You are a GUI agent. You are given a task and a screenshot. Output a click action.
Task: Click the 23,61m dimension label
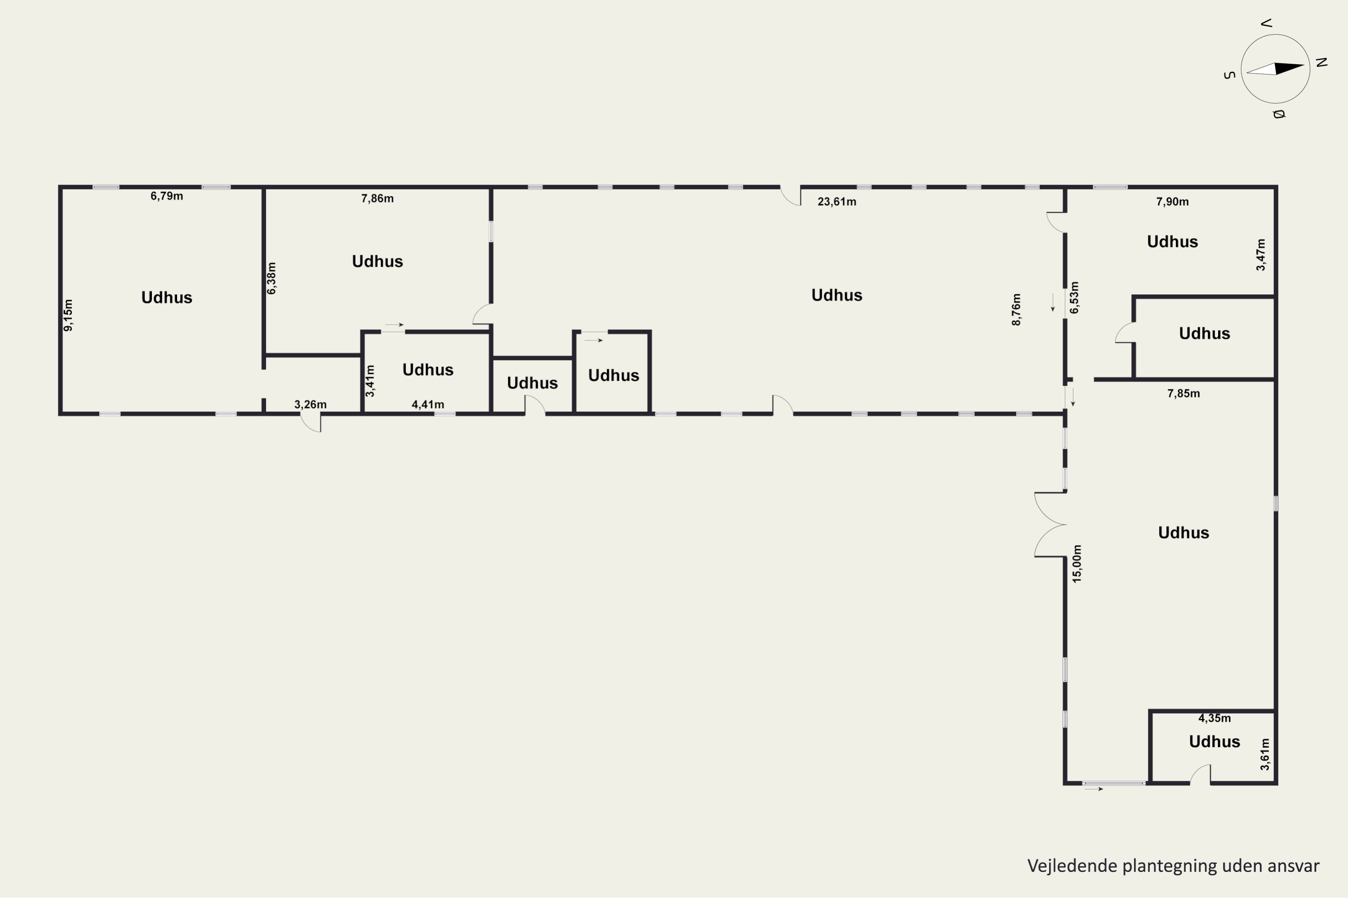(x=837, y=202)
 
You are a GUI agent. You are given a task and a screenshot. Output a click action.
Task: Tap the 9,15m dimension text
(x=68, y=315)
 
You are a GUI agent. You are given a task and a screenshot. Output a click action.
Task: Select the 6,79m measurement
(x=167, y=196)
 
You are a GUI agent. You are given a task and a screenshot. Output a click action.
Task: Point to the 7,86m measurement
(x=377, y=198)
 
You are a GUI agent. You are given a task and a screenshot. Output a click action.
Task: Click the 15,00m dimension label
(x=1077, y=563)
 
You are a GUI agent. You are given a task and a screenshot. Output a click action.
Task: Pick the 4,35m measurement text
(x=1215, y=718)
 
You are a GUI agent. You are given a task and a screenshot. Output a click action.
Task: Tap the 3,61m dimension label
(x=1265, y=754)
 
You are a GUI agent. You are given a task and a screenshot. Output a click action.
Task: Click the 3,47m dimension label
(x=1261, y=255)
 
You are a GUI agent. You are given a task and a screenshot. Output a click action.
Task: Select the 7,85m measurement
(x=1184, y=393)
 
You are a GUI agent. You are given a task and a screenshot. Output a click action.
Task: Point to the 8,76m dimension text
(x=1016, y=310)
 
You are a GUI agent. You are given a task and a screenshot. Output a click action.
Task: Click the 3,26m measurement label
(x=310, y=405)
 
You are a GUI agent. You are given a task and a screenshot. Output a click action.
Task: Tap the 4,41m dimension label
(x=428, y=405)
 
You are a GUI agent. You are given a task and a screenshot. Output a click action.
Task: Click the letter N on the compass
(x=1321, y=62)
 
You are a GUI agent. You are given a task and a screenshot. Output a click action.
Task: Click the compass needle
(x=1275, y=69)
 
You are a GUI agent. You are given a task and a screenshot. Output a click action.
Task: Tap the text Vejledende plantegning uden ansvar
(x=1173, y=865)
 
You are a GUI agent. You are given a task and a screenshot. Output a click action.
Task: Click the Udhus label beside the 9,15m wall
(x=167, y=297)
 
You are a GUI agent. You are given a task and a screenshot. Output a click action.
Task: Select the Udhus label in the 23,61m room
(x=837, y=295)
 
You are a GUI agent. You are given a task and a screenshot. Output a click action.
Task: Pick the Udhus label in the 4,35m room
(x=1215, y=742)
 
